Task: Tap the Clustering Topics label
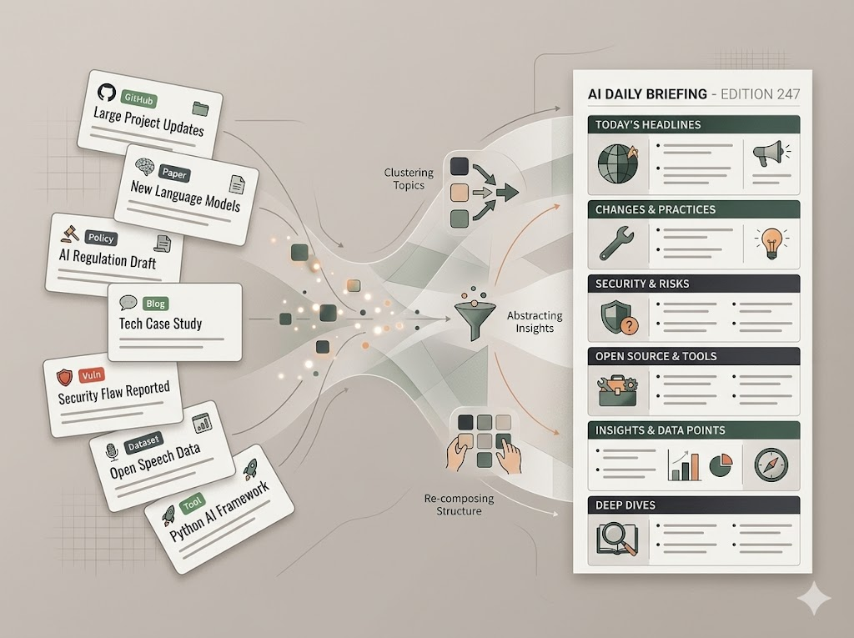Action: tap(409, 178)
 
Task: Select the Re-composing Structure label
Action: tap(459, 505)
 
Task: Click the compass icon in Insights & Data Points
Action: tap(769, 465)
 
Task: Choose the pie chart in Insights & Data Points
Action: tap(720, 465)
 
